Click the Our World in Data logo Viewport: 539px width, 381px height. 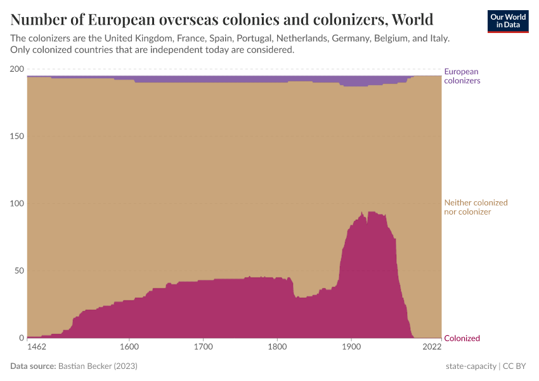coord(508,21)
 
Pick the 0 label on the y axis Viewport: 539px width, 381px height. coord(21,338)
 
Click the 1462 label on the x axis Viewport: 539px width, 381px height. coord(37,347)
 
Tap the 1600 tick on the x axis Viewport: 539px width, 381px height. coord(129,347)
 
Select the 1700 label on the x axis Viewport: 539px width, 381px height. coord(203,347)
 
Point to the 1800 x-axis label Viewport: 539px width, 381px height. coord(277,347)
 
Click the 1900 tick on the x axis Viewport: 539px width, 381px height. coord(351,347)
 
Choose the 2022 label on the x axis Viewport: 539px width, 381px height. coord(432,347)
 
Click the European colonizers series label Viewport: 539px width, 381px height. coord(462,76)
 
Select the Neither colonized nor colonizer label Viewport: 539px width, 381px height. coord(476,207)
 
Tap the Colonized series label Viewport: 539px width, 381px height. coord(462,338)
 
